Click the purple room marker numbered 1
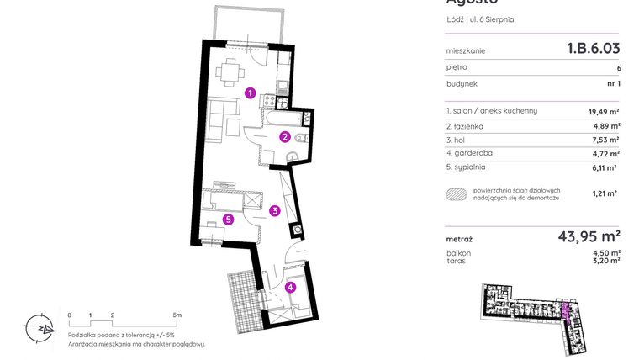point(250,93)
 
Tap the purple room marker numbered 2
point(285,137)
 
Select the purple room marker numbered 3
point(274,211)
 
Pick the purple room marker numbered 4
point(290,287)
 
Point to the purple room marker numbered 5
point(228,220)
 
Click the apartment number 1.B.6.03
point(593,50)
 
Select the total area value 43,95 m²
point(589,236)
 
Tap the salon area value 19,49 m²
point(604,111)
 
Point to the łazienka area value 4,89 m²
point(606,126)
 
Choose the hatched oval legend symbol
point(457,193)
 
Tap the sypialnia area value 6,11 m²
point(606,167)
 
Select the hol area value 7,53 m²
point(606,140)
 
